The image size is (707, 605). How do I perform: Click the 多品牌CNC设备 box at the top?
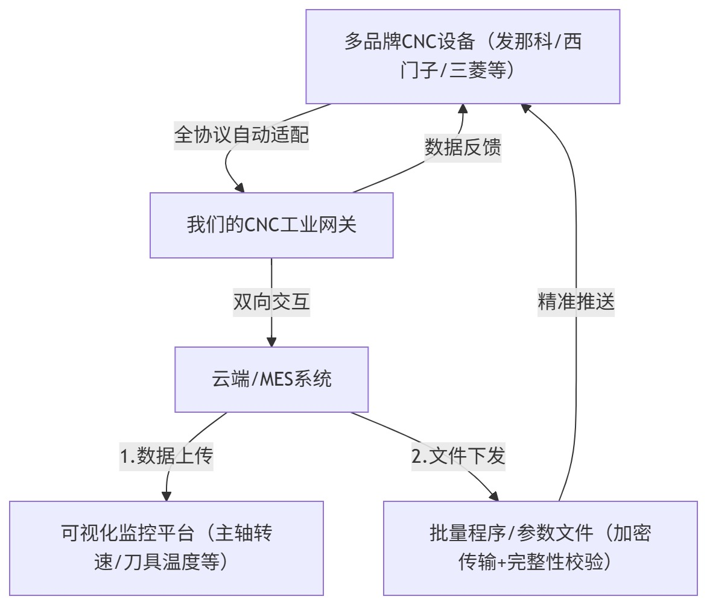point(463,56)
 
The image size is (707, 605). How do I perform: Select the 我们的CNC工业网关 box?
point(271,225)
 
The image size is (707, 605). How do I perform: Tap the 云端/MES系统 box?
point(271,379)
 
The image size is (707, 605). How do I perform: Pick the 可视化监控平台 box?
point(166,548)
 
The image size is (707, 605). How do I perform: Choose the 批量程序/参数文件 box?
point(541,548)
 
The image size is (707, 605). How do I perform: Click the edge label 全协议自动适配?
point(241,134)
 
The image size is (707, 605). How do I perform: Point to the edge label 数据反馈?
point(463,146)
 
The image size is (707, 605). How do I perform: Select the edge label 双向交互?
point(271,301)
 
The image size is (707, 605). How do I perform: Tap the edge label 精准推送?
point(575,301)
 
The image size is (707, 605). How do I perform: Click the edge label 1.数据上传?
point(166,456)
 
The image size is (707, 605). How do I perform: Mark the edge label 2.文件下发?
point(458,456)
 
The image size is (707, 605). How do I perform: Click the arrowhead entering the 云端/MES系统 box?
point(271,342)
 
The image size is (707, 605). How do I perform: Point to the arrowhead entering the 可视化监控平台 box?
point(166,496)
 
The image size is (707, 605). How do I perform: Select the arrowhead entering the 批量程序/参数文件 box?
point(494,496)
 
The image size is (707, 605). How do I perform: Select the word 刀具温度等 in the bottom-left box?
point(171,562)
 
